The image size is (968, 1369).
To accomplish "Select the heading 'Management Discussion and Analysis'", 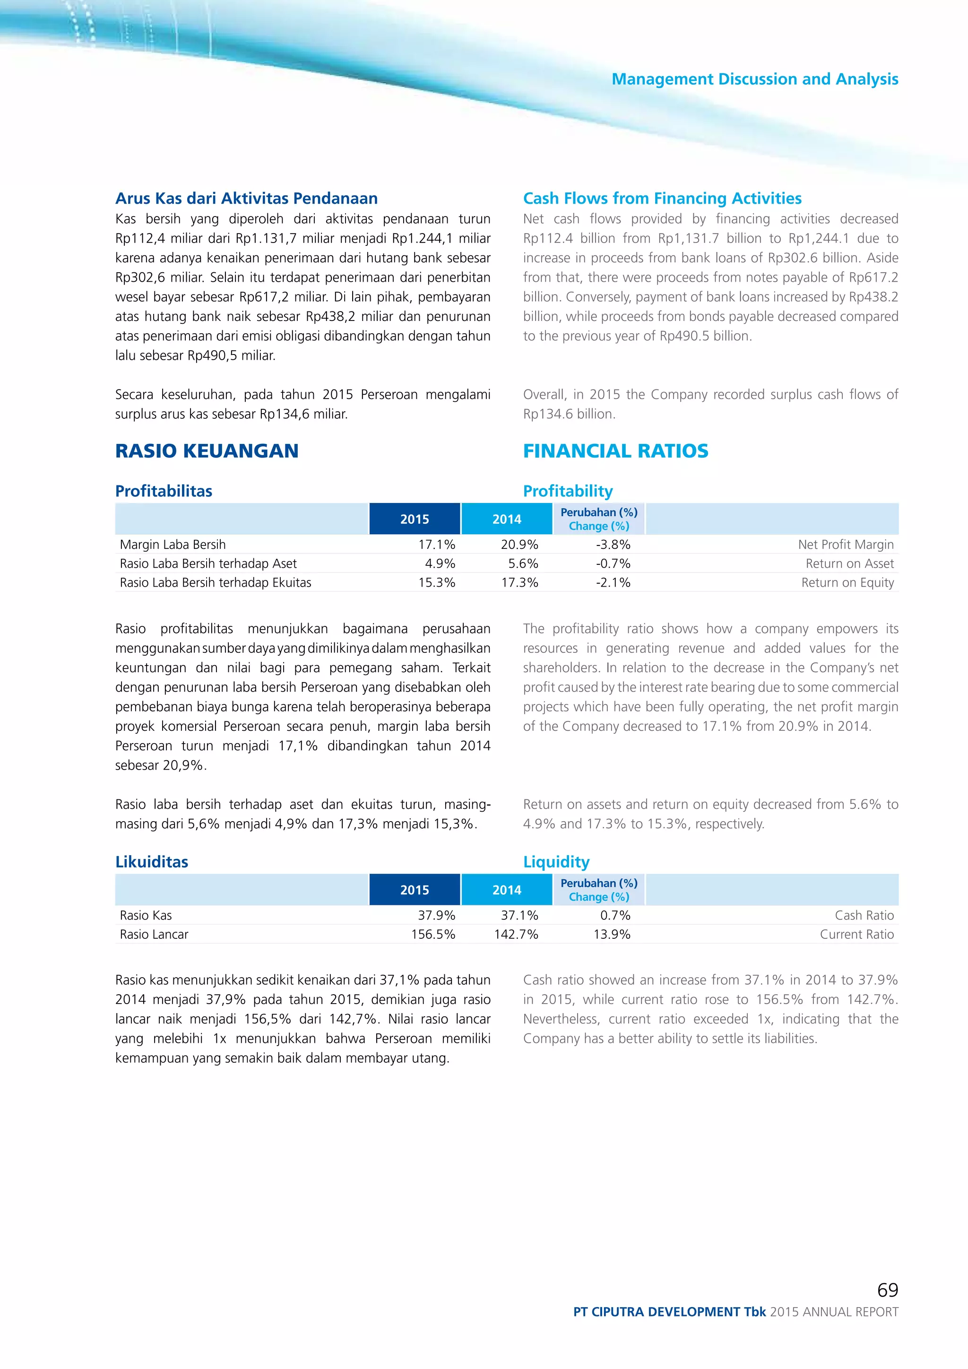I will (755, 79).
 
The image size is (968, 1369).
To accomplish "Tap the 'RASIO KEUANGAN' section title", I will (207, 451).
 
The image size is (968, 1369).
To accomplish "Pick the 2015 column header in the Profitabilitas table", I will (414, 519).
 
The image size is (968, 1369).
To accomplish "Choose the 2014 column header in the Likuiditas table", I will (507, 890).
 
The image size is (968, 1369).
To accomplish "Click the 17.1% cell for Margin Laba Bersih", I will (436, 545).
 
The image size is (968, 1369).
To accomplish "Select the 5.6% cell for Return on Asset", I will (523, 563).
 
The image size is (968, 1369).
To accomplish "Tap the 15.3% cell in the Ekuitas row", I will (436, 582).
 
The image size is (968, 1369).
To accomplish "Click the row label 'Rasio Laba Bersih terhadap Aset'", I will (208, 563).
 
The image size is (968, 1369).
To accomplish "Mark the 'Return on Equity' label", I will (847, 582).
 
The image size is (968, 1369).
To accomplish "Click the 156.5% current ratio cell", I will (433, 934).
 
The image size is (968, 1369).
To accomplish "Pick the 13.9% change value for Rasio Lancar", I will (612, 934).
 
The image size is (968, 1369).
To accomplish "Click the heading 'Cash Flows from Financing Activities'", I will (662, 198).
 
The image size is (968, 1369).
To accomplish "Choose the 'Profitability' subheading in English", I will (568, 491).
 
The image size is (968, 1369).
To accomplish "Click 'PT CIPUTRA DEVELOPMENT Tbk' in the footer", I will (669, 1312).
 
